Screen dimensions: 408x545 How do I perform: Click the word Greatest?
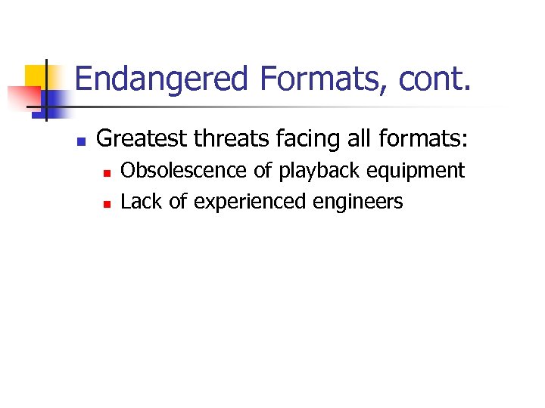143,139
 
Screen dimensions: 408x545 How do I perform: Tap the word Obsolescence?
184,171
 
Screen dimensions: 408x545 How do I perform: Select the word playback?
316,172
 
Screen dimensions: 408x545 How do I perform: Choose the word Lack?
141,202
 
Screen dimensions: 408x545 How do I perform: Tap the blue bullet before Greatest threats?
81,141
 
